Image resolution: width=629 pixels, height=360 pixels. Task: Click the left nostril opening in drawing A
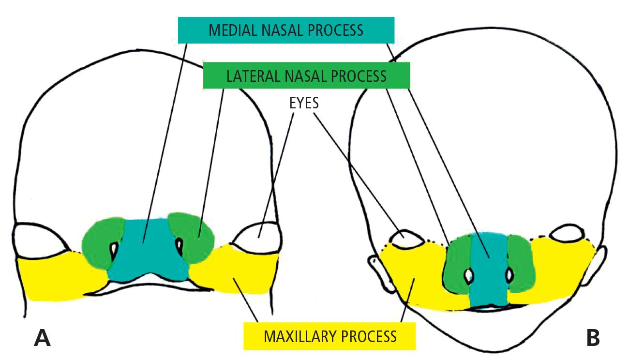click(x=114, y=249)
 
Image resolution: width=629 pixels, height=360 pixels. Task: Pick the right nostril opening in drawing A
click(x=180, y=247)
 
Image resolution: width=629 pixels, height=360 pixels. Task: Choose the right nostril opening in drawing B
click(x=509, y=276)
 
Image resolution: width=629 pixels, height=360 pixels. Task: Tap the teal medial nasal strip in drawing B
click(x=488, y=271)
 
